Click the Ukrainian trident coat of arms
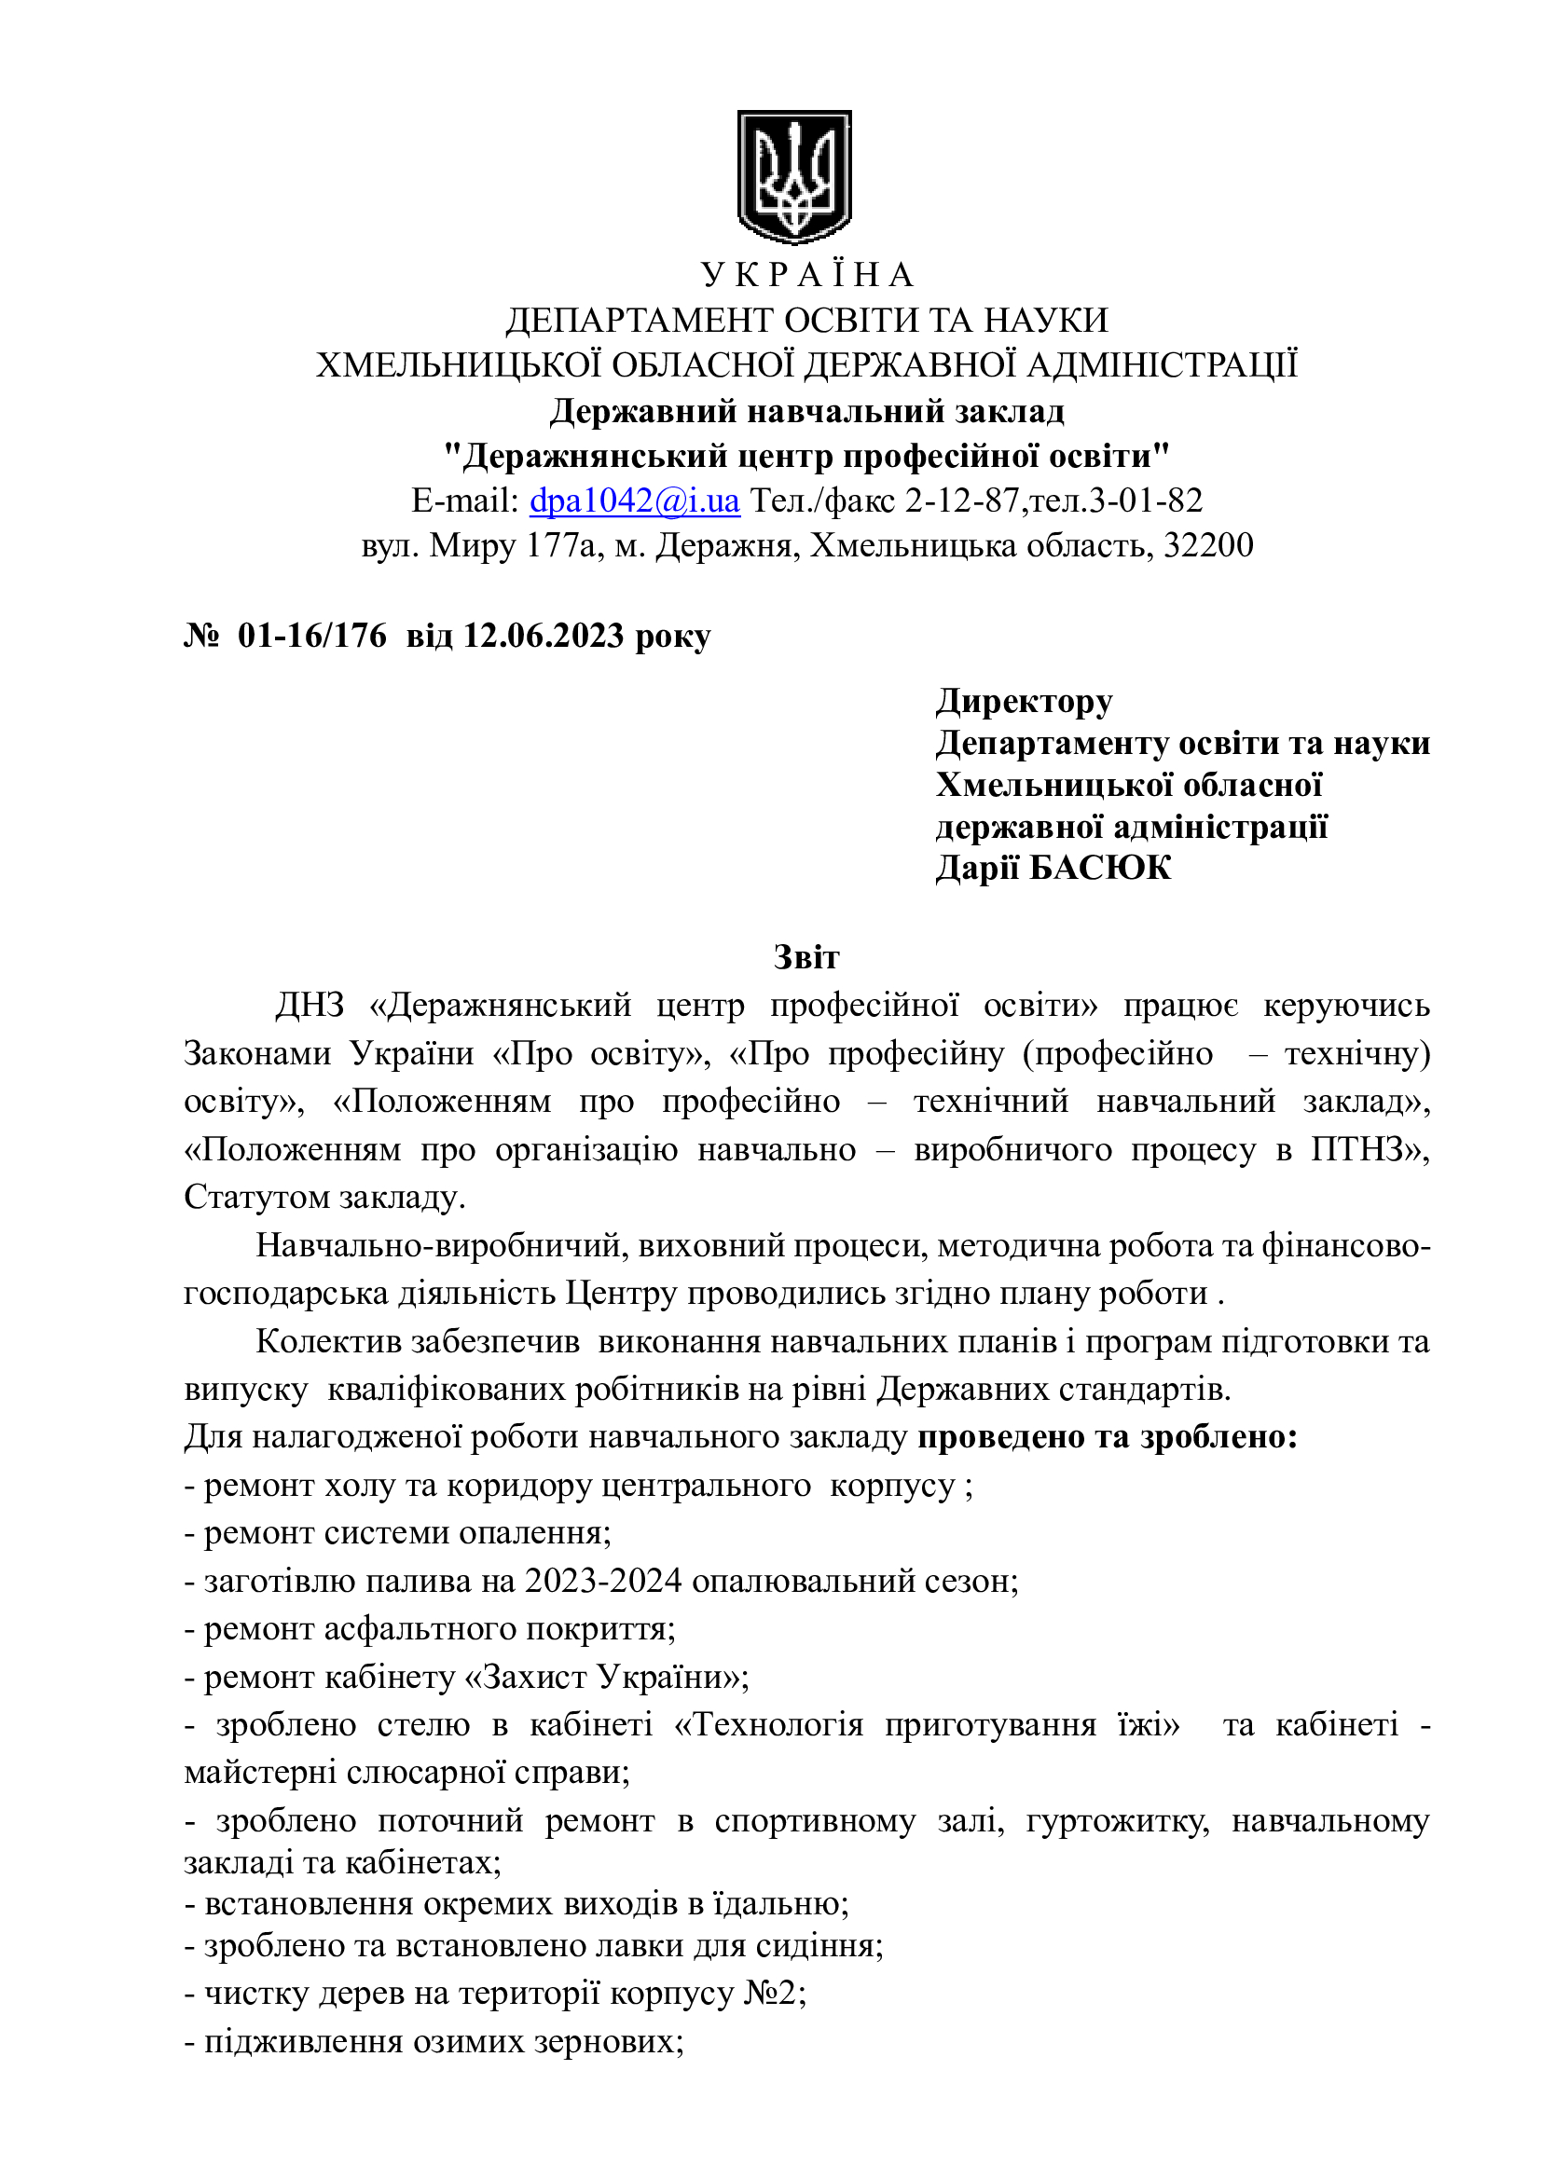coord(793,176)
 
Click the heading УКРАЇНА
coord(807,275)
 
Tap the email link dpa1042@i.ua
coord(634,500)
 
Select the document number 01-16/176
coord(312,636)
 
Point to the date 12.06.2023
coord(544,636)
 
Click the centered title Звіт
coord(806,956)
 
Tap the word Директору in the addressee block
coord(1024,701)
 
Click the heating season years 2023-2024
coord(604,1581)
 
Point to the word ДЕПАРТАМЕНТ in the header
coord(639,320)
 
